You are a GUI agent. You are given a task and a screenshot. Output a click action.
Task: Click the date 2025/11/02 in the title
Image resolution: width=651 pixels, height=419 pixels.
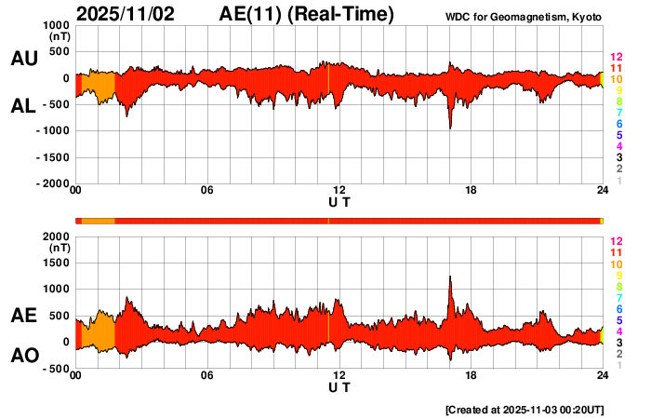pos(134,14)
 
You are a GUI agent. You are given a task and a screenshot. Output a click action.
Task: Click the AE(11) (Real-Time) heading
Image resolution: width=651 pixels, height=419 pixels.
pos(306,14)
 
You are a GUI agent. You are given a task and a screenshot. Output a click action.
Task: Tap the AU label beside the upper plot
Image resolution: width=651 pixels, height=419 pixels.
pos(23,59)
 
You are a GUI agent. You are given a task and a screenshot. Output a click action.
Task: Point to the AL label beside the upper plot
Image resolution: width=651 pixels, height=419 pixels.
pos(23,106)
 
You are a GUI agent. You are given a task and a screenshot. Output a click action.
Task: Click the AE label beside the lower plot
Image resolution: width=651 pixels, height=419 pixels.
pos(23,317)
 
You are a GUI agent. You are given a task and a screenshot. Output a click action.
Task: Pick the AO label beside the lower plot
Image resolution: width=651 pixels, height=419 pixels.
pos(23,356)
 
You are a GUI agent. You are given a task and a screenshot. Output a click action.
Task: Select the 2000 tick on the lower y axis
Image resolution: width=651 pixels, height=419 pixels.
pos(57,237)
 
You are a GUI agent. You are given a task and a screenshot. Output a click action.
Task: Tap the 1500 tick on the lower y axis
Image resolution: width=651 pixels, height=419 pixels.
pos(57,264)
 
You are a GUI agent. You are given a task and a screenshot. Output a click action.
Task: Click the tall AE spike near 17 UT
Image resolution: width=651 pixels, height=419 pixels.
pos(450,279)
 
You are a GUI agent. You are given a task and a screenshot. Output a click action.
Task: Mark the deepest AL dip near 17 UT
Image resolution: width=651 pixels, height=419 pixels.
pos(450,125)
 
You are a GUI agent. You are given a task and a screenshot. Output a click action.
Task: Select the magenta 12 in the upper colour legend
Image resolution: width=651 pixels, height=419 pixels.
pos(616,57)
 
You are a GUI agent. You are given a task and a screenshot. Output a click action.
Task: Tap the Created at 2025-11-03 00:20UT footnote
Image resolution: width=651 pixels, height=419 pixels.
pos(525,408)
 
